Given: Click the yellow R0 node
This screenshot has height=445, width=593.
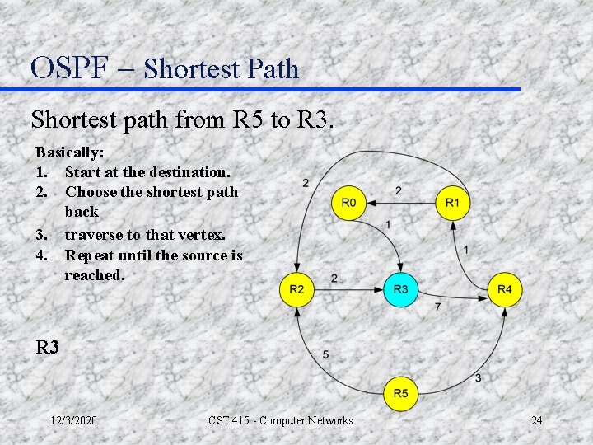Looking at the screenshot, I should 348,203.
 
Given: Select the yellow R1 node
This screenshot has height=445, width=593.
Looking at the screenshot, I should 452,203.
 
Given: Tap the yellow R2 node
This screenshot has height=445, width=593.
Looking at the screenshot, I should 296,289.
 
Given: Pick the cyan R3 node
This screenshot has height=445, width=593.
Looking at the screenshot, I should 400,289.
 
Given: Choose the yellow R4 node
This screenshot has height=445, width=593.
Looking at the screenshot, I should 505,289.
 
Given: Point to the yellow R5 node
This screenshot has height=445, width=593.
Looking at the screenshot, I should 400,393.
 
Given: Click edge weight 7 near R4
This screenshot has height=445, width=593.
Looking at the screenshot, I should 437,307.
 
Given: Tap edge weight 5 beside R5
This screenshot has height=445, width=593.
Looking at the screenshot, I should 325,354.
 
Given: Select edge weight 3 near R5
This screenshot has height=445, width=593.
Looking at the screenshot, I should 478,377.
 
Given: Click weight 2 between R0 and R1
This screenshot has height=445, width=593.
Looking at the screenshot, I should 399,191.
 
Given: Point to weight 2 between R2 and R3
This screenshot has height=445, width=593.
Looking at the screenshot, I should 334,279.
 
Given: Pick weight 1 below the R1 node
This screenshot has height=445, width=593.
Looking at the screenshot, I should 466,249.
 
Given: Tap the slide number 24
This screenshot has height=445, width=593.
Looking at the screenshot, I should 536,421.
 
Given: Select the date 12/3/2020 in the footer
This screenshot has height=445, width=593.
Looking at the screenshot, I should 73,421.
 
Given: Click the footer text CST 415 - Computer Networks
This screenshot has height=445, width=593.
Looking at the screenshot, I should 281,421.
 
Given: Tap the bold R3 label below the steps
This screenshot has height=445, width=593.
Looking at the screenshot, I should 48,348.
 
